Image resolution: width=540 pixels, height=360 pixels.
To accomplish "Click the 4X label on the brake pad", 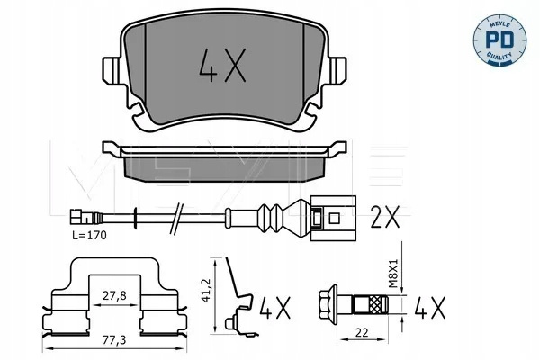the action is click(x=222, y=66).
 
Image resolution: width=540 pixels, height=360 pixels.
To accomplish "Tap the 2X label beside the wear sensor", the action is click(x=384, y=217).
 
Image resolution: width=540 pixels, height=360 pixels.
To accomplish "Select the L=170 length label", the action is click(x=89, y=235).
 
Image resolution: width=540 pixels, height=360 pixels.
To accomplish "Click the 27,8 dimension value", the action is click(x=114, y=295).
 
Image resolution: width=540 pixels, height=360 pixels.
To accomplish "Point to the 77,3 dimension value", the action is click(x=114, y=340).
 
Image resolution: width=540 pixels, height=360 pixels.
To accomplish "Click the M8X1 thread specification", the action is click(x=393, y=274).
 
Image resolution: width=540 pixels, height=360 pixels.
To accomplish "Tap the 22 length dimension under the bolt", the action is click(x=362, y=332).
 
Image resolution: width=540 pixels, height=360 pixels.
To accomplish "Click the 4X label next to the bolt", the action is click(x=430, y=307).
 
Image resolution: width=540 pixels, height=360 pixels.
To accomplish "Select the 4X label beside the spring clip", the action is click(x=274, y=307).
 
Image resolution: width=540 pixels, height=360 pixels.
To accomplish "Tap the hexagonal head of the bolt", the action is click(x=328, y=304).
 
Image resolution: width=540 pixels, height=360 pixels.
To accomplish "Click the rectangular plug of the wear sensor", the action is click(x=333, y=218).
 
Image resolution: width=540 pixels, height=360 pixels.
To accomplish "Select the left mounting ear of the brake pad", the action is click(x=112, y=70).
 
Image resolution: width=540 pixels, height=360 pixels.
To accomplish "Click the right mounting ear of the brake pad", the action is click(x=337, y=70).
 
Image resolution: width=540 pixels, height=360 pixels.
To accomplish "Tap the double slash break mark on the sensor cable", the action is click(x=176, y=219).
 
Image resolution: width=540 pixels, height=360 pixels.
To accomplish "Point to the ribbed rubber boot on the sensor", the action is click(x=271, y=218).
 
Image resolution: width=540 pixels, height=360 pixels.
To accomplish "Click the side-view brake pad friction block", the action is click(x=224, y=169).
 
